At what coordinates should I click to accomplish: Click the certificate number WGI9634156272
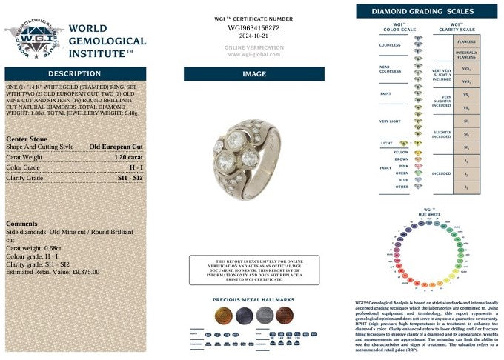[253, 27]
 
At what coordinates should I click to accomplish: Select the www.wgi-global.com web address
[253, 54]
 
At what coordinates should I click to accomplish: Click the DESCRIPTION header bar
[74, 74]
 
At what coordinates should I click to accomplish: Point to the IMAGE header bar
[253, 74]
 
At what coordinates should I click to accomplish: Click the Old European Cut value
[116, 147]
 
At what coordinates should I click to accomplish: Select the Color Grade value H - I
[136, 167]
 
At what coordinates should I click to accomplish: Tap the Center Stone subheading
[27, 138]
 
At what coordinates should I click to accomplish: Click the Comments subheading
[21, 224]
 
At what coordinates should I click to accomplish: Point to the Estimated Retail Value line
[52, 272]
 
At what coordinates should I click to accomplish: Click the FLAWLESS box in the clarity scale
[466, 42]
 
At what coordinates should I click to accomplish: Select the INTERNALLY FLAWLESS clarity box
[466, 55]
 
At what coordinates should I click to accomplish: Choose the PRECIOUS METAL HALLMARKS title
[253, 300]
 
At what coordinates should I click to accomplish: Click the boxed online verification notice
[253, 270]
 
